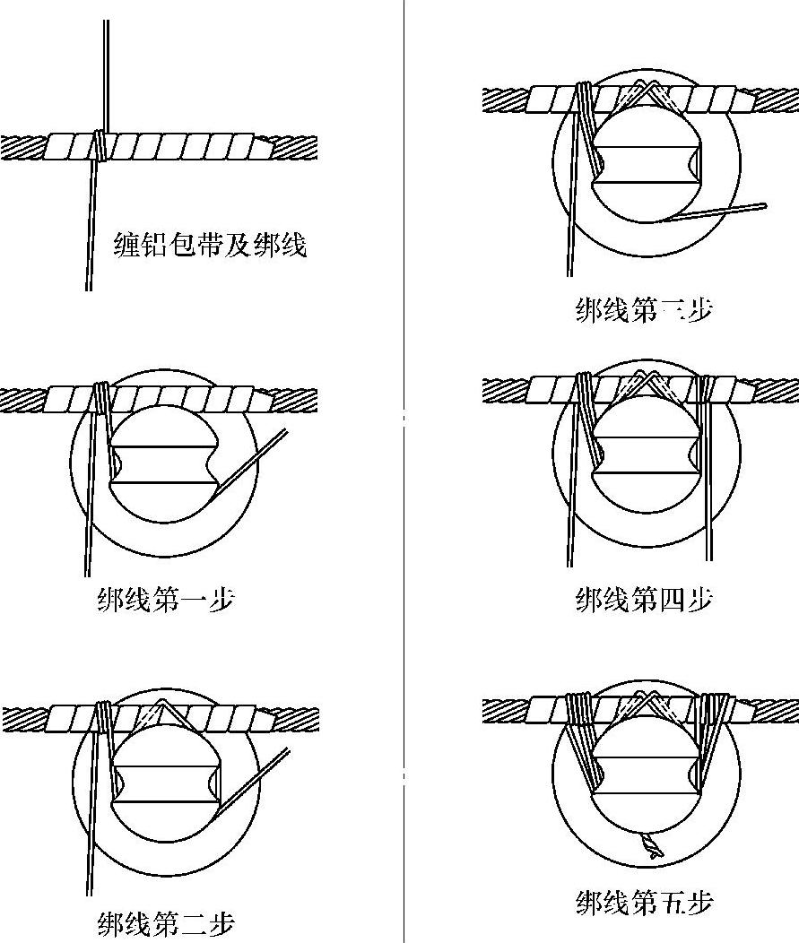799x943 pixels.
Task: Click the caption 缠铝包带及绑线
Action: click(x=210, y=244)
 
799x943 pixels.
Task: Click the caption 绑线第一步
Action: click(x=166, y=598)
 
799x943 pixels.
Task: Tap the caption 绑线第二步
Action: click(x=166, y=922)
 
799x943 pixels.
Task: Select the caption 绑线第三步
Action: click(x=644, y=309)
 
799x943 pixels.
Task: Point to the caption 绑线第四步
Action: click(x=644, y=598)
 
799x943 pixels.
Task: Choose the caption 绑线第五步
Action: click(x=644, y=902)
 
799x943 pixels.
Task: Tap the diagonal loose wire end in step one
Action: click(x=256, y=461)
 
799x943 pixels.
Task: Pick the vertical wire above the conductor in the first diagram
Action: click(x=106, y=72)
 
